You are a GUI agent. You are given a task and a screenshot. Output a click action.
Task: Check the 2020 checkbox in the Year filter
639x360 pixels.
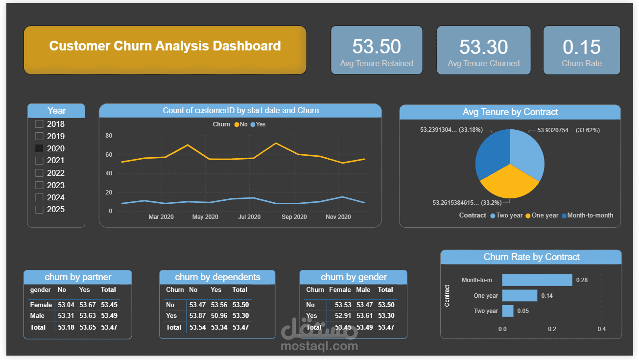(x=40, y=148)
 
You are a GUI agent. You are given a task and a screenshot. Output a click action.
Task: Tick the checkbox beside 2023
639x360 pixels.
(x=40, y=185)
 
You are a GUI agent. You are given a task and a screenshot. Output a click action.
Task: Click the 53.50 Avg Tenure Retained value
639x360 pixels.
(x=377, y=47)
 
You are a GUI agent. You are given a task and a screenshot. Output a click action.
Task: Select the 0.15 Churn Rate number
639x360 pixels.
(x=582, y=47)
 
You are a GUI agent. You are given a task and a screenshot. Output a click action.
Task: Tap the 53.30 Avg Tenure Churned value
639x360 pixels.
(x=483, y=47)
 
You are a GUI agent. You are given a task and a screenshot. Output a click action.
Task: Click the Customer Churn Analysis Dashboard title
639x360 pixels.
(x=165, y=46)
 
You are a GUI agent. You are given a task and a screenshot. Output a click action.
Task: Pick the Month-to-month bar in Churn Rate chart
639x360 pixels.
(x=537, y=280)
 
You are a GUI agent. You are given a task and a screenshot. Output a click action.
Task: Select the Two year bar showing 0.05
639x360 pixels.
(x=508, y=311)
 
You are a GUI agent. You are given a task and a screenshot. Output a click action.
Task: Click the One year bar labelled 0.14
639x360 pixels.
(x=520, y=296)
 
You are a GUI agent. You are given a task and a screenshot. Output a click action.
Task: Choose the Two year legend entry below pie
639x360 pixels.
(x=506, y=216)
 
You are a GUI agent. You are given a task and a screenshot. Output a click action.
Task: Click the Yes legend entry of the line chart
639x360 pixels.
(x=258, y=124)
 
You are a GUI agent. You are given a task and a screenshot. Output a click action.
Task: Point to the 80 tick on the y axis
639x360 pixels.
(x=109, y=136)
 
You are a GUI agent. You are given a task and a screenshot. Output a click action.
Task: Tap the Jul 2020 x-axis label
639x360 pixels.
(x=249, y=217)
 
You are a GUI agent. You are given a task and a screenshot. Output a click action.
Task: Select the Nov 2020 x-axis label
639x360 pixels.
(x=338, y=217)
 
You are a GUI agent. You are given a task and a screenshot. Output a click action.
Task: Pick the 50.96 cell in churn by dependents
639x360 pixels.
(x=219, y=316)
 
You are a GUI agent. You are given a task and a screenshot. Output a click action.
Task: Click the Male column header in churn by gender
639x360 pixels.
(x=363, y=290)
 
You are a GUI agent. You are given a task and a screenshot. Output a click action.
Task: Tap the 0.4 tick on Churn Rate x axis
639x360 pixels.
(x=602, y=329)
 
